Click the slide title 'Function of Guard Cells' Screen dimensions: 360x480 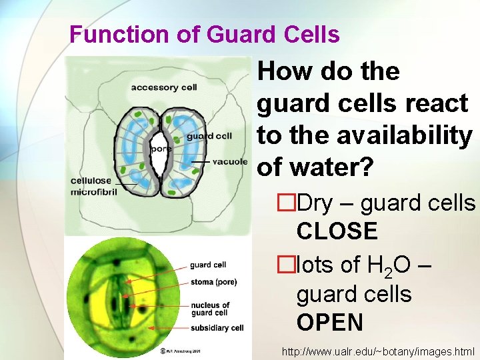pyautogui.click(x=204, y=35)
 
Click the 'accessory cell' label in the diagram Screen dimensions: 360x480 pyautogui.click(x=163, y=87)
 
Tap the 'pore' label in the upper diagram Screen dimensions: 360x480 pyautogui.click(x=161, y=149)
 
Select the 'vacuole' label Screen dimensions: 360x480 pyautogui.click(x=230, y=162)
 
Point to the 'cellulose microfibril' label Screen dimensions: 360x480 pyautogui.click(x=94, y=187)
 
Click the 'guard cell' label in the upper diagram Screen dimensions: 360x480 pyautogui.click(x=209, y=136)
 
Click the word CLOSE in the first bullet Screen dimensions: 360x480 pyautogui.click(x=337, y=232)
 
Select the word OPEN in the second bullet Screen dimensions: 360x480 pyautogui.click(x=330, y=323)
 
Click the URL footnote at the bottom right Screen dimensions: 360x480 pyautogui.click(x=378, y=351)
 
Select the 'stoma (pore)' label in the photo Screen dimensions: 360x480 pyautogui.click(x=212, y=282)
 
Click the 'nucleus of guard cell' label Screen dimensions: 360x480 pyautogui.click(x=210, y=309)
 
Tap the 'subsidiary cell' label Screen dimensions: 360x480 pyautogui.click(x=217, y=327)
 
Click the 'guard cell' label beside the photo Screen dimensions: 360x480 pyautogui.click(x=208, y=265)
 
